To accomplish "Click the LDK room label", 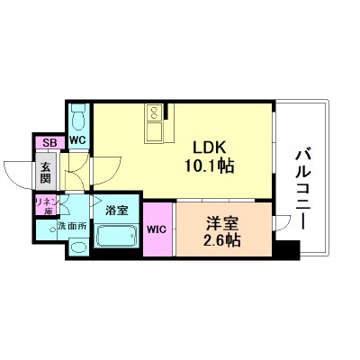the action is coord(209,148).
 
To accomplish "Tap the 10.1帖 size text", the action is coord(209,166).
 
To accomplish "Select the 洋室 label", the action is coord(222,223).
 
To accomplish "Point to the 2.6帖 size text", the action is coord(222,240).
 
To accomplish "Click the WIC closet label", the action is coord(157,229).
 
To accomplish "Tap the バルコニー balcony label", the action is coord(302,190).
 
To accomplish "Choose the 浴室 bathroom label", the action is coord(117,211).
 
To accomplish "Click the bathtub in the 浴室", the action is coord(117,236).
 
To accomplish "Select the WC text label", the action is coord(78,139).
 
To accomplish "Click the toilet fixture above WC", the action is coord(78,118).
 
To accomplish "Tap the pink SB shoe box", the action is coord(49,143).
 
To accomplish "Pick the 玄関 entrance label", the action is coord(46,172).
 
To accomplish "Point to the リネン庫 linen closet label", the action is coord(46,206).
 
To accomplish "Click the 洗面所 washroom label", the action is coord(72,226).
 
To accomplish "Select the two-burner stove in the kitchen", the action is coord(155,112).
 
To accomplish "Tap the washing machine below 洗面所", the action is coord(78,247).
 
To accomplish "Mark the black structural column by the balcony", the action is coord(286,249).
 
